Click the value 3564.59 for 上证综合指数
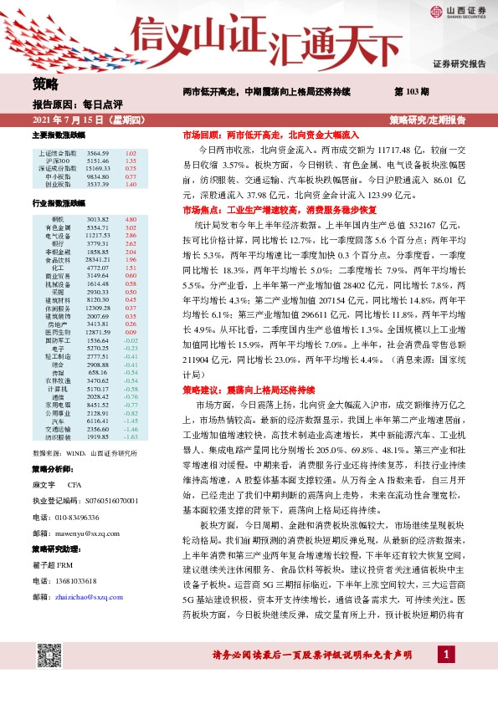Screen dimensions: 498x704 [x=98, y=154]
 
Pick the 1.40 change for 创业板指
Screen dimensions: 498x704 [x=130, y=184]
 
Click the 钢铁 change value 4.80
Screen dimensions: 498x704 [x=130, y=218]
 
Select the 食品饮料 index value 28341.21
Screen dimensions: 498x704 [x=98, y=260]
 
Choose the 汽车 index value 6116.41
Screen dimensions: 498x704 [x=98, y=422]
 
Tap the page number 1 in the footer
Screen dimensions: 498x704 [x=449, y=676]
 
